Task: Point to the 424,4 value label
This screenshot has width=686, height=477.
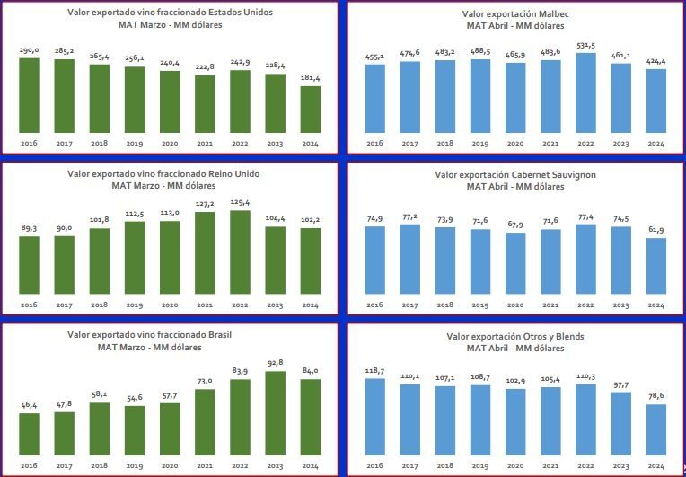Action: [656, 62]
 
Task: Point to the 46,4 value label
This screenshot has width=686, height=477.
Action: [29, 406]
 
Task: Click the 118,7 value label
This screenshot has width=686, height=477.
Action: [375, 371]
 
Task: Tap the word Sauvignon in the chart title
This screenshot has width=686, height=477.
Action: [562, 174]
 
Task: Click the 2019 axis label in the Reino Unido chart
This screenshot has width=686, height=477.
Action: [135, 305]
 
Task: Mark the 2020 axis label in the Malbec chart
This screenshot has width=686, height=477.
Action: [515, 144]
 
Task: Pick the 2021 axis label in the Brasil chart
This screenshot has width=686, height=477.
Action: [205, 466]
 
